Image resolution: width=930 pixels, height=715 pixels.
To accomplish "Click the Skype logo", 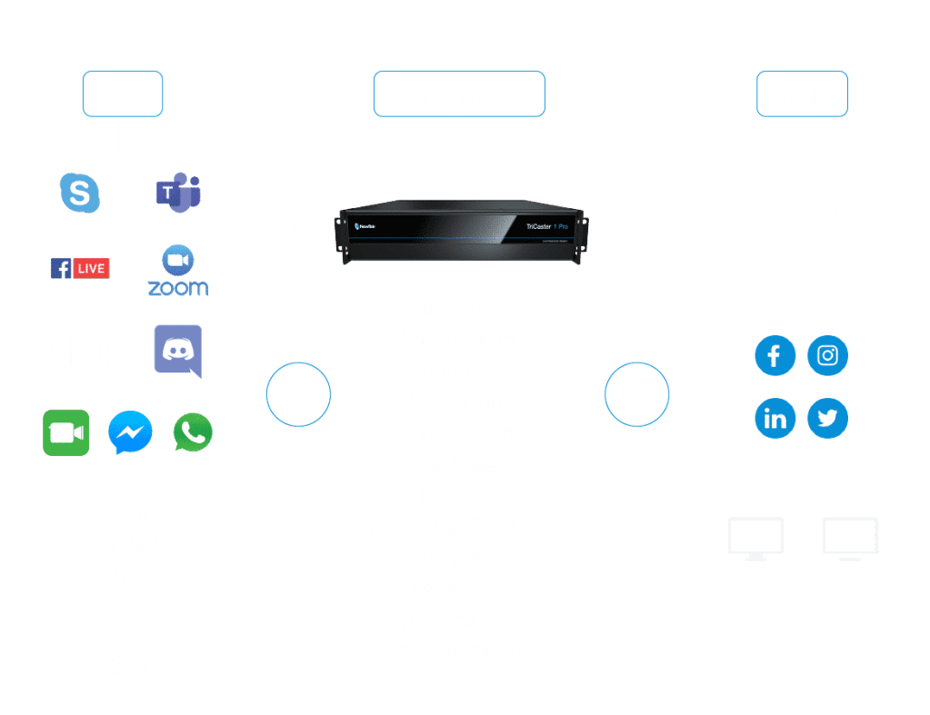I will [x=80, y=193].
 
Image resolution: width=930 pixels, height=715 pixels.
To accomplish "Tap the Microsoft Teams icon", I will [x=178, y=192].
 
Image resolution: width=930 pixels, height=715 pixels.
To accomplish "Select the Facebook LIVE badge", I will [x=80, y=268].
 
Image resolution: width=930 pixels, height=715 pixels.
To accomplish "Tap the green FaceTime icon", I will [x=66, y=433].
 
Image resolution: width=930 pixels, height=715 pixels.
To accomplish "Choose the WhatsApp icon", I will [x=193, y=433].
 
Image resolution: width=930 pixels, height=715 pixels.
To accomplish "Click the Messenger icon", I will [x=130, y=433].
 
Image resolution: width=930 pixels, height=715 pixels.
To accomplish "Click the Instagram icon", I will [x=827, y=355].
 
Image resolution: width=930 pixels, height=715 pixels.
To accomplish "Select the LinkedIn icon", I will [x=775, y=419].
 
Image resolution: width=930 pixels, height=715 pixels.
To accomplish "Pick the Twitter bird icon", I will [x=827, y=419].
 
